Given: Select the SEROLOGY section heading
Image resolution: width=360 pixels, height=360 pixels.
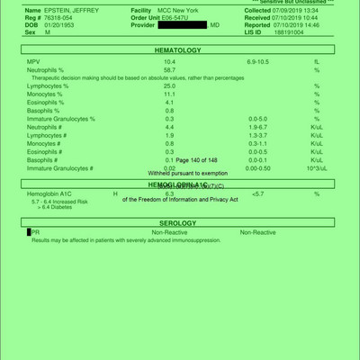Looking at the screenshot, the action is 177,220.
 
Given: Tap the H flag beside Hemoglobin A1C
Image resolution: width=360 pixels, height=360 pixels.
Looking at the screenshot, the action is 114,193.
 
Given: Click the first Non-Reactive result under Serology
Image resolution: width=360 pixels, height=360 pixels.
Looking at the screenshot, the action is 169,232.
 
